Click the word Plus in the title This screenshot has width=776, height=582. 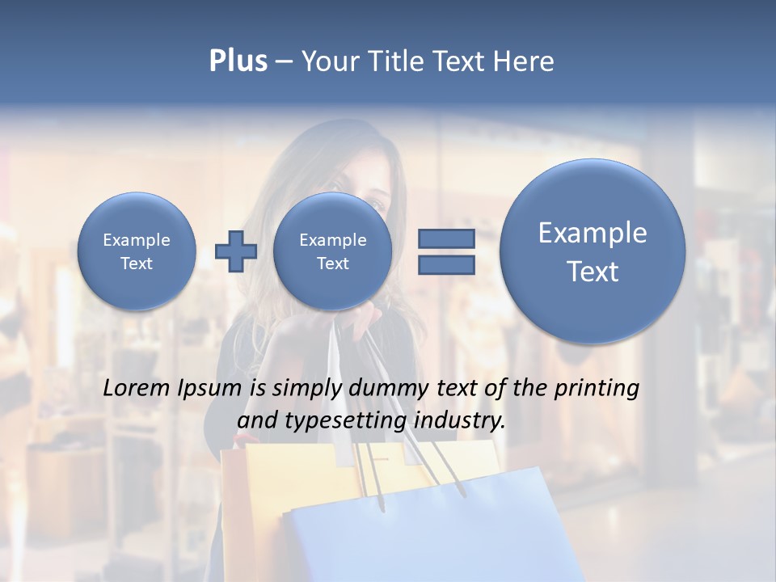(x=238, y=61)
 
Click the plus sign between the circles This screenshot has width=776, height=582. (x=235, y=251)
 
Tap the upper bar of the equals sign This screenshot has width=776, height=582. (x=445, y=238)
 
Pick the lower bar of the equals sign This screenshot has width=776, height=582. (x=445, y=264)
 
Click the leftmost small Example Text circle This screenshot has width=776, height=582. (x=137, y=251)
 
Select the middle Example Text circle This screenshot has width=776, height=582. (x=332, y=251)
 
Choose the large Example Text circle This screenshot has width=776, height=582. (x=593, y=251)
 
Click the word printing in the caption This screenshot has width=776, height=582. (x=597, y=389)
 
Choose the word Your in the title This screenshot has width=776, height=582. (x=327, y=61)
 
